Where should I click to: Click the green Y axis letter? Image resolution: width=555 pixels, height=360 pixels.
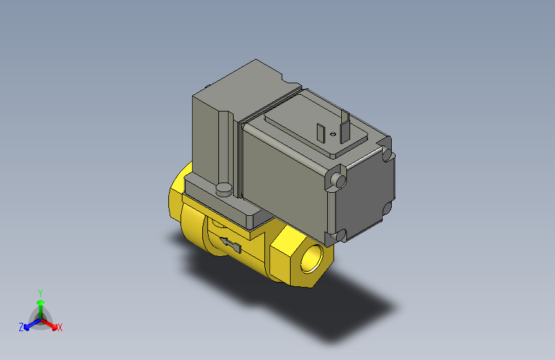[x=40, y=291]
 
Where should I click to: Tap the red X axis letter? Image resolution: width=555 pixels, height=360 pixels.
[x=60, y=328]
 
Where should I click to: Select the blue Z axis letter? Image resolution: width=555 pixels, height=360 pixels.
[x=21, y=327]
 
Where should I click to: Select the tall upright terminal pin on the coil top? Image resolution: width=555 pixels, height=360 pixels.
[x=345, y=124]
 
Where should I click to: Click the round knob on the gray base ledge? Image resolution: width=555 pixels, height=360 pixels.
[x=223, y=189]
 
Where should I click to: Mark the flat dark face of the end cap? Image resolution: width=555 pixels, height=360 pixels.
[x=364, y=192]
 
